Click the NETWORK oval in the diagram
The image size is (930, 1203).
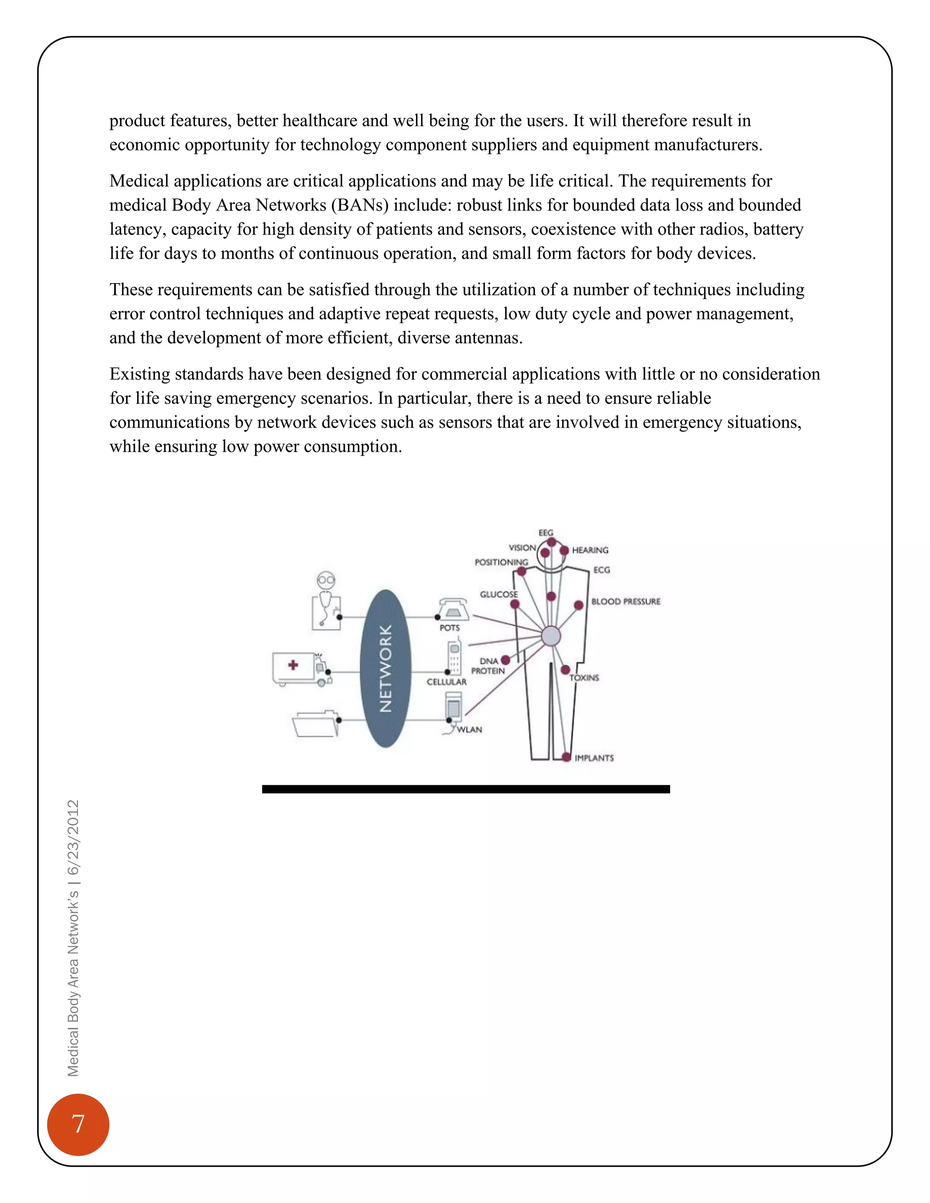pos(385,668)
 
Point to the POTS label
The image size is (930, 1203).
pos(450,628)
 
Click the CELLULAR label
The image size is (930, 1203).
pos(446,682)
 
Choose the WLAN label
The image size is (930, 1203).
pos(470,730)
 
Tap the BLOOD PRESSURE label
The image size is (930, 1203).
pos(625,601)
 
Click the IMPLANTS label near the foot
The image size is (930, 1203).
pos(594,759)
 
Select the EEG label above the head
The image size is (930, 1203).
pos(545,532)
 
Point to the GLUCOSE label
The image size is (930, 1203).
pos(499,594)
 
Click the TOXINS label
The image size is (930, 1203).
pos(584,678)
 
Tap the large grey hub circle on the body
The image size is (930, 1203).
pos(551,636)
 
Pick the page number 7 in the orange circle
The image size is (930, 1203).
pos(78,1124)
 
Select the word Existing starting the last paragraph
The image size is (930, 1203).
pos(140,374)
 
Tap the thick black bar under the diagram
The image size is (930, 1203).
pos(465,789)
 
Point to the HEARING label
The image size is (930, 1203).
pos(590,550)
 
